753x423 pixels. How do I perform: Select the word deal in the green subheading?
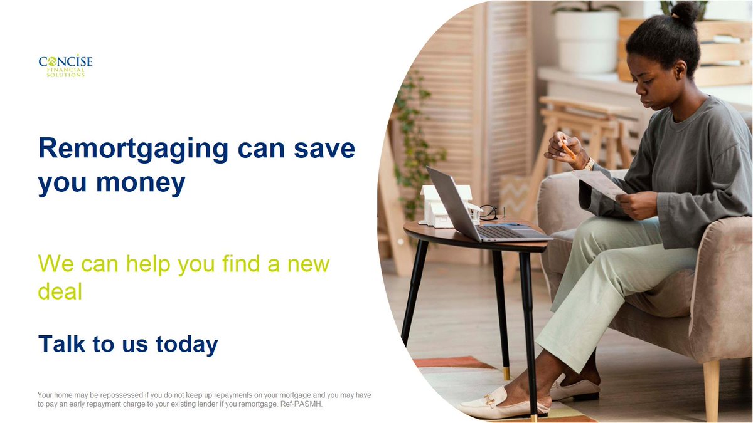point(60,291)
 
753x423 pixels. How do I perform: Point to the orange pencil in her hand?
point(568,150)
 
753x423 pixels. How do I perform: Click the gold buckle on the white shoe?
point(490,399)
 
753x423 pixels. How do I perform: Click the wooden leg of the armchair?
point(711,389)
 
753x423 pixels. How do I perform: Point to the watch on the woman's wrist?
point(589,164)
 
